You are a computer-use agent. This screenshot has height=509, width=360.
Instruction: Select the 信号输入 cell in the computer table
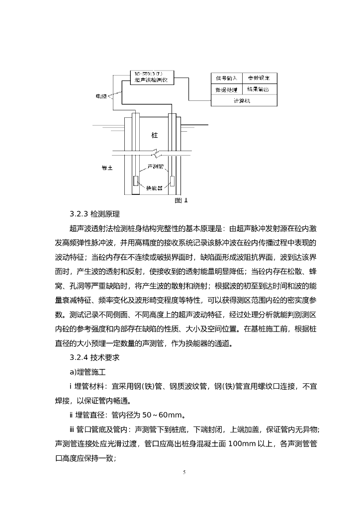[227, 78]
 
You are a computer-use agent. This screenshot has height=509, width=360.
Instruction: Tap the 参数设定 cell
[259, 78]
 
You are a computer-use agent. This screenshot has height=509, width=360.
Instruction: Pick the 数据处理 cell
[227, 89]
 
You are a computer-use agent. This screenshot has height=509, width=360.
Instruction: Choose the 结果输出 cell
[259, 89]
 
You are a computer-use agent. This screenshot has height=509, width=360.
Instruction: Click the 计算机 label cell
[243, 100]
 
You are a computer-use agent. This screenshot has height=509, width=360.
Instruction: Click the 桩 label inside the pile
[155, 135]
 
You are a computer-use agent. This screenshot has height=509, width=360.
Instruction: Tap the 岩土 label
[106, 168]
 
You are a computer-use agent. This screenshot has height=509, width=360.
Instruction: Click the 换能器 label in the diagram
[154, 188]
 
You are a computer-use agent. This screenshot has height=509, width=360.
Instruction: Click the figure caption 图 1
[181, 201]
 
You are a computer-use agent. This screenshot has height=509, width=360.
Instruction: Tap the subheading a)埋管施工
[90, 371]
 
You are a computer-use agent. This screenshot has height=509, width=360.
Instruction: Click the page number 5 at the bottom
[184, 472]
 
